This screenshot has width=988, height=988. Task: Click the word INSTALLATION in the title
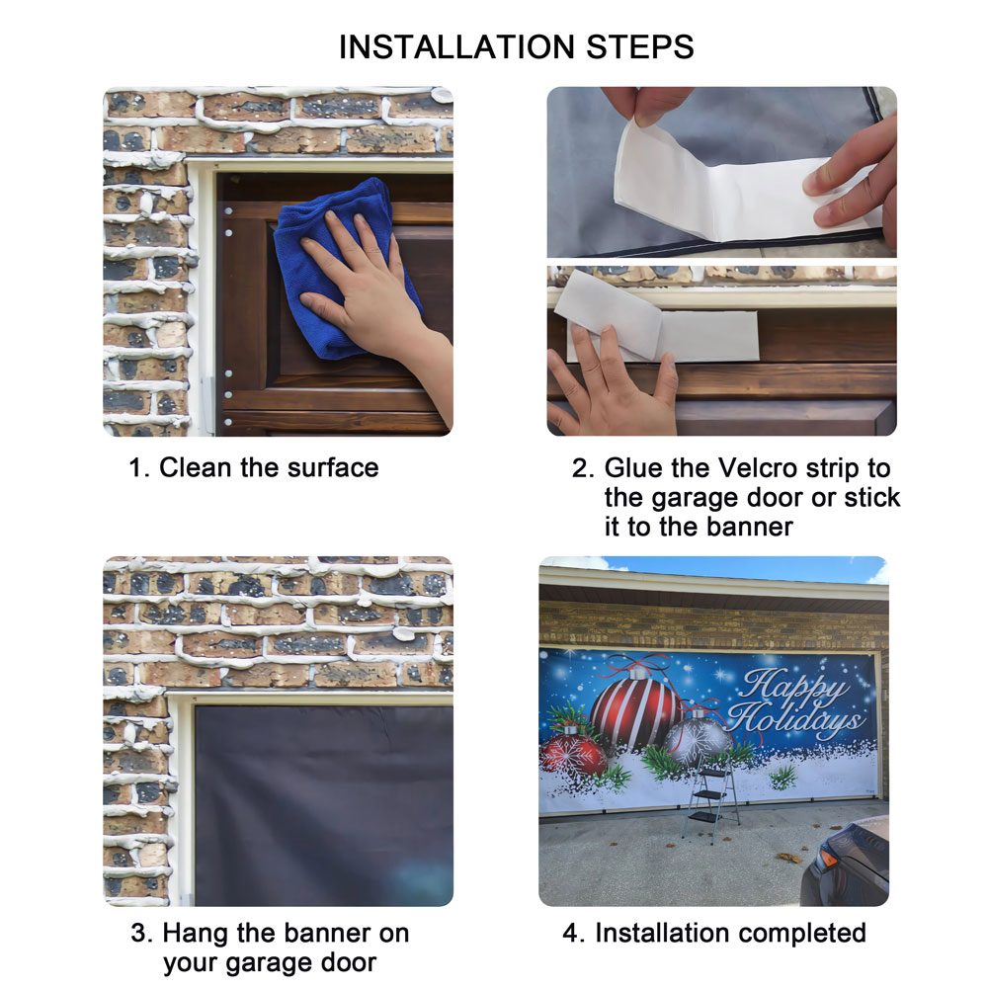pos(456,47)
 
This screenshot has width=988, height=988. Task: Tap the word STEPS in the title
pos(640,47)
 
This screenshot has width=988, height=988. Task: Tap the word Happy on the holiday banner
pos(795,687)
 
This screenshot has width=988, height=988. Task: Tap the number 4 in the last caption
pos(569,934)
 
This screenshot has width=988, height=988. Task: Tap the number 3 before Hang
pos(138,934)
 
